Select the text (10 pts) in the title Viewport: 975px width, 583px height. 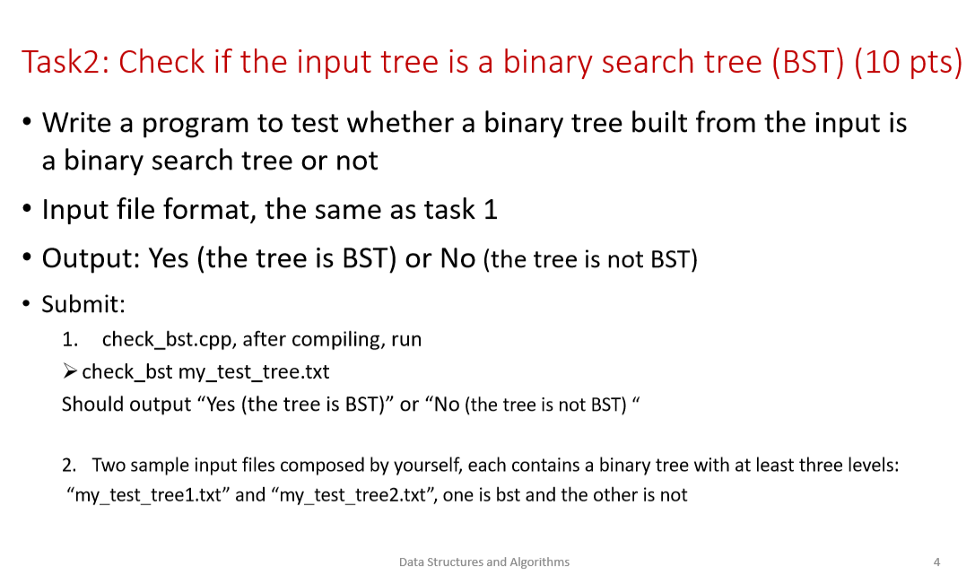point(909,63)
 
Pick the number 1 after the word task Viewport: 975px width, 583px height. point(490,210)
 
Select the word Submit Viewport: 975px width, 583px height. point(83,304)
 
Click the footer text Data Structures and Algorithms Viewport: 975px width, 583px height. point(483,562)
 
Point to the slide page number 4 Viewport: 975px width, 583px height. point(936,562)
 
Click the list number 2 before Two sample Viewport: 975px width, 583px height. point(68,466)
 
